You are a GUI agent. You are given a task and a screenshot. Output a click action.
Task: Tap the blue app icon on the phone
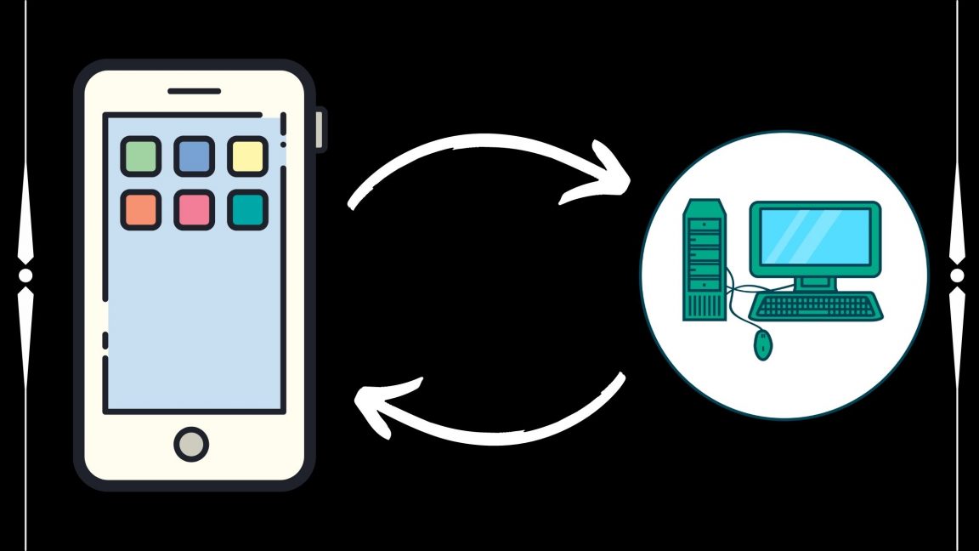click(x=194, y=156)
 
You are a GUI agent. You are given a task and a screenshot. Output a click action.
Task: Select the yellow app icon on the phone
click(x=247, y=156)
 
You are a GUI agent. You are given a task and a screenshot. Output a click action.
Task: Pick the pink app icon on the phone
click(x=194, y=209)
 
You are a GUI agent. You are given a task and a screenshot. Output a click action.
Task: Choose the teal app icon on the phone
click(x=247, y=209)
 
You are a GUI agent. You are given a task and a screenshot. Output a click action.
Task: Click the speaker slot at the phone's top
click(x=194, y=91)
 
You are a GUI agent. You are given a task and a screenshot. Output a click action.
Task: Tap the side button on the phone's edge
click(x=320, y=130)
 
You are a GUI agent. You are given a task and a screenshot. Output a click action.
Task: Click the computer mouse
click(x=763, y=344)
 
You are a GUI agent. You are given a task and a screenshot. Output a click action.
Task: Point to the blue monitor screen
click(x=814, y=236)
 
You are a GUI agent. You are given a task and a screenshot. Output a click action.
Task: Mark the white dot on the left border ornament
click(x=25, y=275)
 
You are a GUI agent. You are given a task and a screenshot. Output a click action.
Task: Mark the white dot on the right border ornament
click(x=957, y=275)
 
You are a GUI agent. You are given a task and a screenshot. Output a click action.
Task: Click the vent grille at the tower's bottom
click(x=705, y=304)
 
